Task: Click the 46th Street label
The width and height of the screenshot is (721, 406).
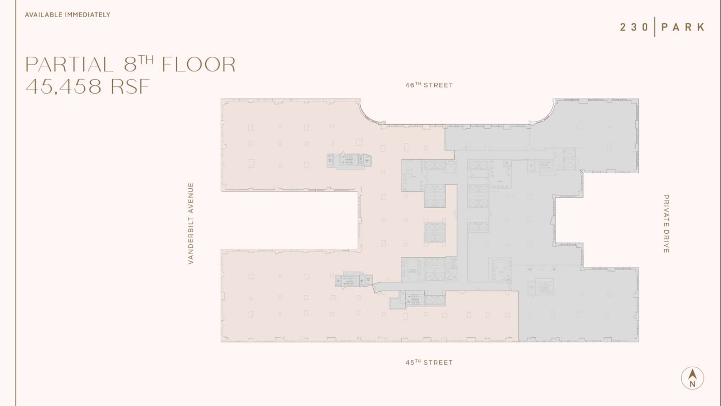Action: pos(429,85)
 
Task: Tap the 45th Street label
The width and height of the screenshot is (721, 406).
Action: pos(429,363)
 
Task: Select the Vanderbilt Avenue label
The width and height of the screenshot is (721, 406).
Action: pos(191,223)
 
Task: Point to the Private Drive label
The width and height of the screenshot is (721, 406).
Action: pos(666,223)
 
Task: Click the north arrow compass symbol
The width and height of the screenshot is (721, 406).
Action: pos(692,378)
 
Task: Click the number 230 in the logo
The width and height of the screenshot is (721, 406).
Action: pos(634,27)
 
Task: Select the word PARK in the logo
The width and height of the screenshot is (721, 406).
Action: pos(683,27)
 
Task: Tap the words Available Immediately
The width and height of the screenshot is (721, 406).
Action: pos(68,15)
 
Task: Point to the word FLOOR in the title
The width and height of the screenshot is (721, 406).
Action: pos(198,65)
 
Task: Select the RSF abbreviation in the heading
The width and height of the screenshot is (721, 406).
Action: pos(130,86)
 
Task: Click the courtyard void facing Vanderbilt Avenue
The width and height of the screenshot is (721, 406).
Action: pos(289,220)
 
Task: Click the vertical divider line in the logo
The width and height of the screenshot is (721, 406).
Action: pos(655,27)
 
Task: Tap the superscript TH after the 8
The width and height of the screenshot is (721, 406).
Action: pos(146,59)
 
